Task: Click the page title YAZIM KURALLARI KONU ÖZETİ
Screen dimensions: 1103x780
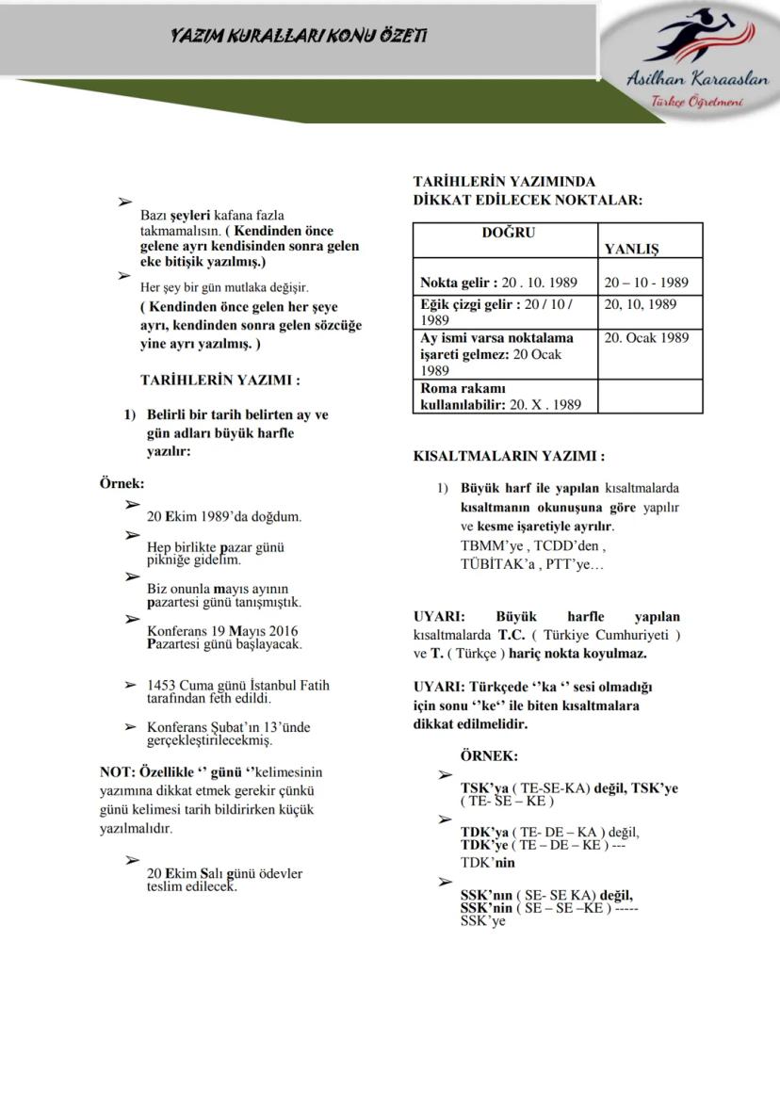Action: click(299, 36)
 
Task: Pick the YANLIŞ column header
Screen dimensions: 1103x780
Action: click(631, 249)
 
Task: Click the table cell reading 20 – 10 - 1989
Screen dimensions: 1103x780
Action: click(646, 282)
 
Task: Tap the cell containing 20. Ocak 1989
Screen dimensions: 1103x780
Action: click(646, 337)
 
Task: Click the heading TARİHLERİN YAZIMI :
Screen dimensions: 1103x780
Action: click(219, 381)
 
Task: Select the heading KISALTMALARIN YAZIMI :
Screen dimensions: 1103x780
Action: click(509, 456)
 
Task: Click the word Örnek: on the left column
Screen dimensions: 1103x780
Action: click(122, 482)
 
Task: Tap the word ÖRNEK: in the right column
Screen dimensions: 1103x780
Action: click(489, 755)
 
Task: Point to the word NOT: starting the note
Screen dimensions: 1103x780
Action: click(117, 771)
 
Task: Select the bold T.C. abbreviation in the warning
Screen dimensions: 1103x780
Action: click(512, 635)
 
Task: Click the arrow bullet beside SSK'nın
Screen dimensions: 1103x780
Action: click(446, 882)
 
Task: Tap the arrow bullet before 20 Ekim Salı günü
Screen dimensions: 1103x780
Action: click(132, 860)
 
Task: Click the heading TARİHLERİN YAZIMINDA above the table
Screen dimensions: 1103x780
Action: click(504, 182)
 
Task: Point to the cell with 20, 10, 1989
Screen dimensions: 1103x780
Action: click(640, 304)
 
